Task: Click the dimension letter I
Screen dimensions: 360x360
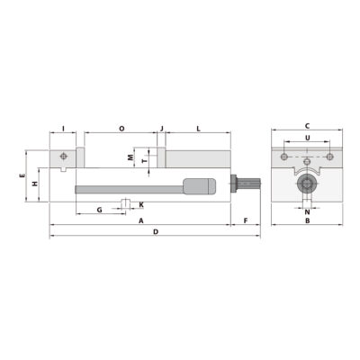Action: (62, 128)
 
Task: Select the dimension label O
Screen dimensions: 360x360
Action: (121, 128)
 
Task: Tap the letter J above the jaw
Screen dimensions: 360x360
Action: (162, 128)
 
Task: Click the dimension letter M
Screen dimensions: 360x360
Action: (130, 157)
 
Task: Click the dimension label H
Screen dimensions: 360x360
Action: (33, 184)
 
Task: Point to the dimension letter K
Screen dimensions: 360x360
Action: (141, 204)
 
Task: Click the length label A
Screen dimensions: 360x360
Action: (141, 220)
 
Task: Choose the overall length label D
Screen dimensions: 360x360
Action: (155, 232)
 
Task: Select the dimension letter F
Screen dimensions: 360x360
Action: (245, 220)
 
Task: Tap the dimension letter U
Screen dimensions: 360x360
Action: (308, 138)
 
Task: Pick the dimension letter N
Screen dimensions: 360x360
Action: (307, 212)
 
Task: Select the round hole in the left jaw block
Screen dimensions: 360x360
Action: (62, 155)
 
